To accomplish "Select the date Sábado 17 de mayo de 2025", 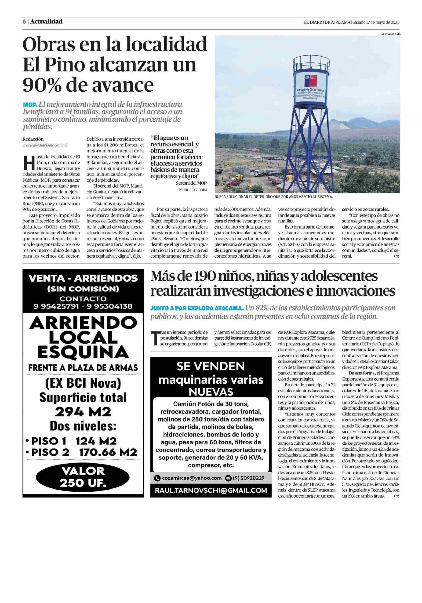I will (376, 22).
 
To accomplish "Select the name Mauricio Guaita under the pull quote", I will (193, 189).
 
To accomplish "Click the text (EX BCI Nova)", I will (83, 384).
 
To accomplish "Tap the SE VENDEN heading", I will (211, 366).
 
